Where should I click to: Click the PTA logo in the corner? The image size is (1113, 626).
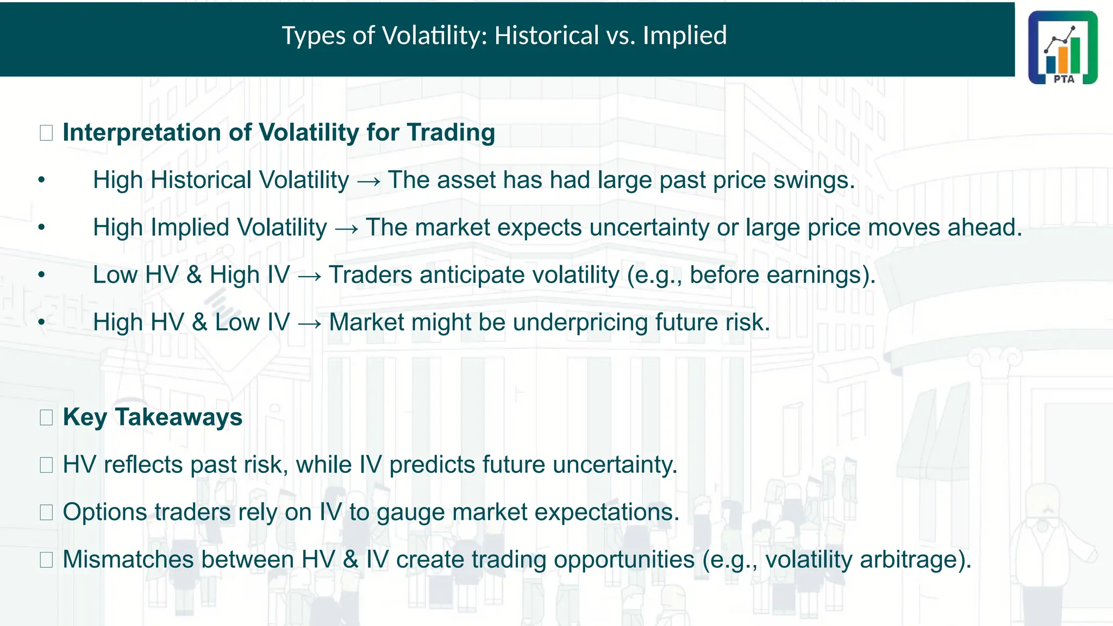(1062, 47)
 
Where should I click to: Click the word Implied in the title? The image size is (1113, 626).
(684, 36)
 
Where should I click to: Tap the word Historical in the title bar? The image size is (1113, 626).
(546, 36)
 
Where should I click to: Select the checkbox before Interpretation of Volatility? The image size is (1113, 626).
(46, 133)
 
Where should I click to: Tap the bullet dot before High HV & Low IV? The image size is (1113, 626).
(42, 322)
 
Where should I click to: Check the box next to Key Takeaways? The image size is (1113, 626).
(46, 417)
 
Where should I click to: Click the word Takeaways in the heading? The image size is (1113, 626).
(178, 417)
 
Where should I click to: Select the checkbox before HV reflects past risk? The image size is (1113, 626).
(46, 465)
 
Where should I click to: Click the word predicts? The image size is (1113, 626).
(432, 465)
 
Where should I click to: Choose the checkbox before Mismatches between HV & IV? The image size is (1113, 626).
(46, 560)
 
